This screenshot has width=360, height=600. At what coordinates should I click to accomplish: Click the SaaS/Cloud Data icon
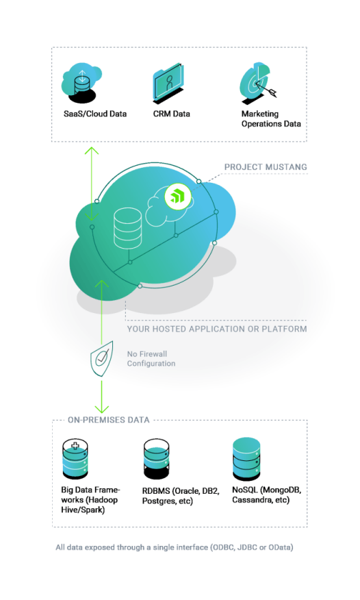81,82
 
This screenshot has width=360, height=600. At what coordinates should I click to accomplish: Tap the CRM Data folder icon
168,83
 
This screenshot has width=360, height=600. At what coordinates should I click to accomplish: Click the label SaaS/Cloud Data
95,114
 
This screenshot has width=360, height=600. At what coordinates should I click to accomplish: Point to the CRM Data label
172,114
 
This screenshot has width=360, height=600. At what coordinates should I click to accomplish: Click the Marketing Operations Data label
271,119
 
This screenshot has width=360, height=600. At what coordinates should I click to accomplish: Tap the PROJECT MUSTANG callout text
266,167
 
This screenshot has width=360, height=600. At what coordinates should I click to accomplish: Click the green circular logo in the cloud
177,198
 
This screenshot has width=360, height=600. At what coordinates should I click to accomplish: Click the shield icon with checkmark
101,359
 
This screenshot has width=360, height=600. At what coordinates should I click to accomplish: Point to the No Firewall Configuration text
151,358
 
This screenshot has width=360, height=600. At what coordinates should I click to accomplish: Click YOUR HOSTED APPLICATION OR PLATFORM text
217,329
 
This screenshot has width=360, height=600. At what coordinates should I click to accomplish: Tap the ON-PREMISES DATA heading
109,420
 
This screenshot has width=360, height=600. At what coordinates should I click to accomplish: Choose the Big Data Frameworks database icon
75,458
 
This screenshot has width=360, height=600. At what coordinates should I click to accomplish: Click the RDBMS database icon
156,459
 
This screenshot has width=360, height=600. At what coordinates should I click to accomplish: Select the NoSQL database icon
246,458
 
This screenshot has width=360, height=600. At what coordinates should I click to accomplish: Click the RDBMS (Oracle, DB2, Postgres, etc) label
181,496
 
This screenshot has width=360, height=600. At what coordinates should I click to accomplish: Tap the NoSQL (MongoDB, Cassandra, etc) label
267,495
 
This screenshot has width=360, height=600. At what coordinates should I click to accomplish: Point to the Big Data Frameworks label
90,500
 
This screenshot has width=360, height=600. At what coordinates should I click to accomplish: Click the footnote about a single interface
175,547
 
